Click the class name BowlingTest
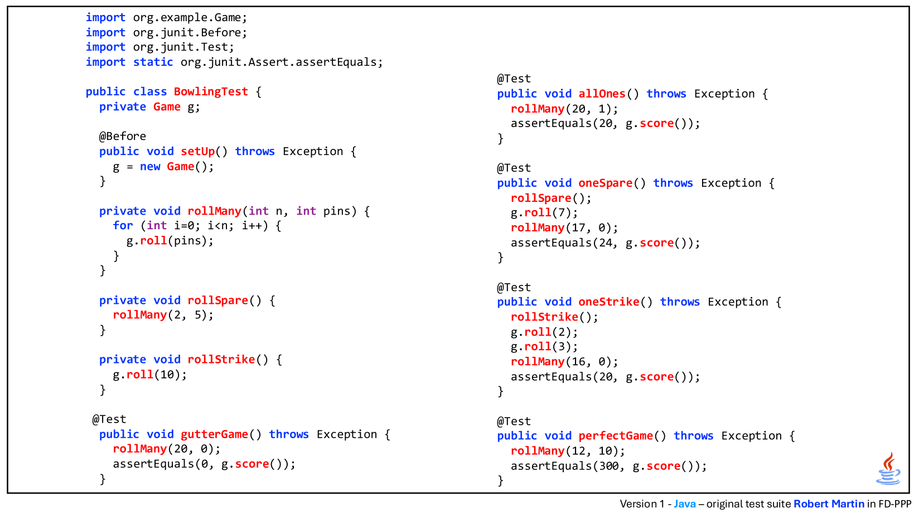pyautogui.click(x=211, y=92)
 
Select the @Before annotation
pyautogui.click(x=123, y=136)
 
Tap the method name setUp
pyautogui.click(x=198, y=152)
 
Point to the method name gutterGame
pyautogui.click(x=215, y=434)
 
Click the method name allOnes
pyautogui.click(x=602, y=94)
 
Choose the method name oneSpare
pyautogui.click(x=606, y=183)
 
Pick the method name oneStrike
pyautogui.click(x=609, y=302)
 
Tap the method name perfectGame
pyautogui.click(x=616, y=436)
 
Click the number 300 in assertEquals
pyautogui.click(x=609, y=466)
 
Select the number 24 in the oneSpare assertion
pyautogui.click(x=606, y=243)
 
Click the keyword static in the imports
pyautogui.click(x=153, y=62)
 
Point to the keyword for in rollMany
pyautogui.click(x=123, y=226)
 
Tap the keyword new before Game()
pyautogui.click(x=150, y=167)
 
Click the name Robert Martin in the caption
pyautogui.click(x=829, y=504)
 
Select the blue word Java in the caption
pyautogui.click(x=685, y=504)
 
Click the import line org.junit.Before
pyautogui.click(x=166, y=33)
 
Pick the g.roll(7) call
pyautogui.click(x=544, y=213)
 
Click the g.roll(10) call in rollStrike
pyautogui.click(x=150, y=375)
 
